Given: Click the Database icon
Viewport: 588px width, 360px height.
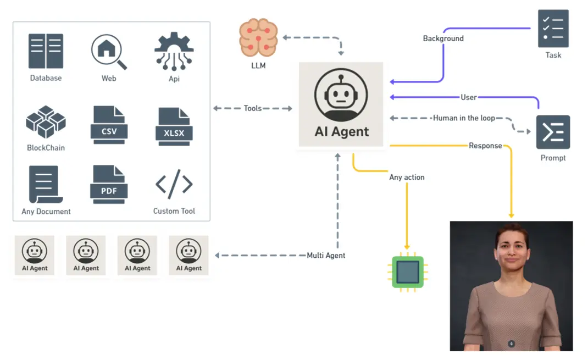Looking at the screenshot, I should (46, 51).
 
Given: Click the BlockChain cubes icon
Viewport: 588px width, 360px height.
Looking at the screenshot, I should (46, 122).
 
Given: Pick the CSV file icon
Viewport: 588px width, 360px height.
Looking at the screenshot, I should (109, 125).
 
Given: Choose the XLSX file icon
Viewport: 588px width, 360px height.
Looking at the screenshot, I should (174, 126).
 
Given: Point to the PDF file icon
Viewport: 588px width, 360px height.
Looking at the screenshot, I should (109, 184).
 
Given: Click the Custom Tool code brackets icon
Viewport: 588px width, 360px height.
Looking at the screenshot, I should (174, 185).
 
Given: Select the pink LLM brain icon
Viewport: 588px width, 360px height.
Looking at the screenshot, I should (258, 38).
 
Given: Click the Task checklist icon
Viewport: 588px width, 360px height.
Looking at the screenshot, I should (553, 28).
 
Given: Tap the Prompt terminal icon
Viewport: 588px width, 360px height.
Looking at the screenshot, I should (553, 132).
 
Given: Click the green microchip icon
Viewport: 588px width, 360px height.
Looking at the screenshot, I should (407, 272).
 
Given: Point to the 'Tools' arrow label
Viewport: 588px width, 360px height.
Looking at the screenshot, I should (253, 108).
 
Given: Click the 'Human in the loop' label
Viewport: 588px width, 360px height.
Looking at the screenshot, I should (464, 118).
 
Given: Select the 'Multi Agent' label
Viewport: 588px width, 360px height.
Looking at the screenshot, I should (326, 255).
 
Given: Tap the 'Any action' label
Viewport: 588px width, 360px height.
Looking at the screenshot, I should (407, 177).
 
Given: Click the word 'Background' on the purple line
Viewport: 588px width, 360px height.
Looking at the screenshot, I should (443, 38).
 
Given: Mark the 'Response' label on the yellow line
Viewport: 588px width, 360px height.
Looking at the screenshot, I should (485, 146).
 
